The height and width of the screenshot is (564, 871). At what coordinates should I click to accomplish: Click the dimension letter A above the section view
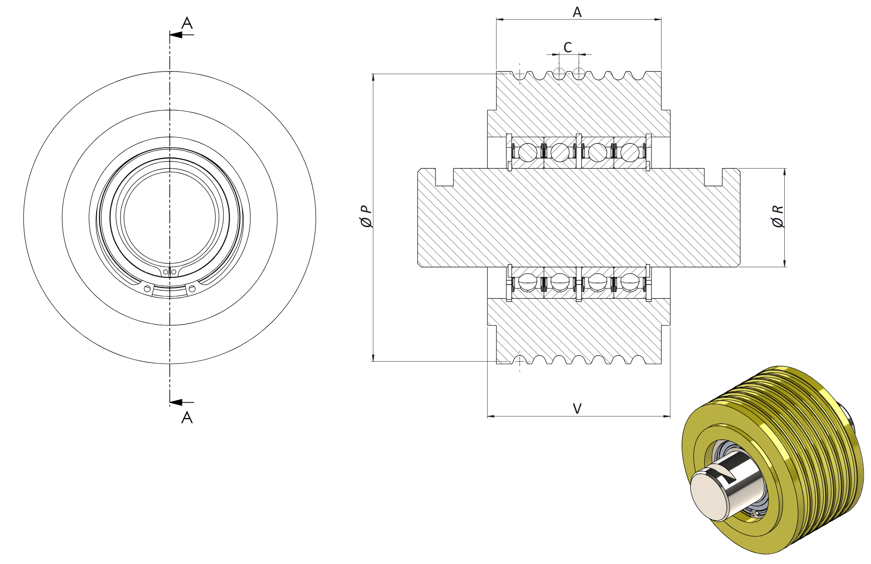(x=577, y=12)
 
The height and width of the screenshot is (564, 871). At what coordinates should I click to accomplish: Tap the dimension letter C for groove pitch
(x=567, y=47)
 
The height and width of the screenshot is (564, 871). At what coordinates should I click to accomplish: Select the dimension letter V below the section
(x=577, y=408)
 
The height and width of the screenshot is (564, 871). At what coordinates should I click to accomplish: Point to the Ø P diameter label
(x=366, y=217)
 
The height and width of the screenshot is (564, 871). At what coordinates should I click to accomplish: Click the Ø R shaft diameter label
(x=778, y=217)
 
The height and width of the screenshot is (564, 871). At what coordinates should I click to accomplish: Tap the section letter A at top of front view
(x=187, y=23)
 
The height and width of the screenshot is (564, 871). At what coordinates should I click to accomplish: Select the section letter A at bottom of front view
(x=187, y=418)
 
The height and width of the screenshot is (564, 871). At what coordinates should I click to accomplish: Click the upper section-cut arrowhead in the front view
(x=176, y=35)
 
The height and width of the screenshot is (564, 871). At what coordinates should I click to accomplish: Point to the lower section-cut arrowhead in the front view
(x=176, y=402)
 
